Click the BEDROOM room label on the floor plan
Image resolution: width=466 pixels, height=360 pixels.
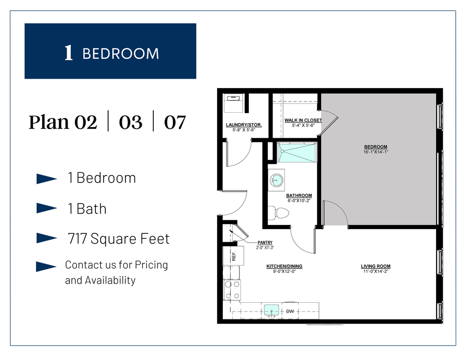pyautogui.click(x=376, y=147)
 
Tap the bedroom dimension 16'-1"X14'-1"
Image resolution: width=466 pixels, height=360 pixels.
pyautogui.click(x=376, y=152)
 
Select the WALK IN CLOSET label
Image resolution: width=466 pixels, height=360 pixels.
pyautogui.click(x=303, y=120)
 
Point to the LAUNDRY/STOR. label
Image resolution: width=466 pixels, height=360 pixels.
pyautogui.click(x=244, y=125)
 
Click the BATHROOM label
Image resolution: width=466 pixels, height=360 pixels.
pyautogui.click(x=299, y=196)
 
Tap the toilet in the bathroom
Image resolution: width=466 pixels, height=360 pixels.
pyautogui.click(x=280, y=213)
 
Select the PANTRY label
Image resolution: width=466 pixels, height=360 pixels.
pyautogui.click(x=265, y=243)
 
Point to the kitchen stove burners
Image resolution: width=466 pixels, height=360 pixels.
pyautogui.click(x=232, y=289)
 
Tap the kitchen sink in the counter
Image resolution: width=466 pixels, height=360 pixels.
pyautogui.click(x=271, y=310)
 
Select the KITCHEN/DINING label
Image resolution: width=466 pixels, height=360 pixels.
pyautogui.click(x=284, y=266)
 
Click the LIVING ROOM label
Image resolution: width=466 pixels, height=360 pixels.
pyautogui.click(x=376, y=266)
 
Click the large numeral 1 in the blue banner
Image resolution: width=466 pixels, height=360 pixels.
pyautogui.click(x=69, y=53)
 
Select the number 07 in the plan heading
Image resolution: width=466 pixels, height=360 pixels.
pyautogui.click(x=175, y=122)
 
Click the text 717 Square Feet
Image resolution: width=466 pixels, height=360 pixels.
pyautogui.click(x=118, y=239)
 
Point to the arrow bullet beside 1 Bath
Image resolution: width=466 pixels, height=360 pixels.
pyautogui.click(x=46, y=209)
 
